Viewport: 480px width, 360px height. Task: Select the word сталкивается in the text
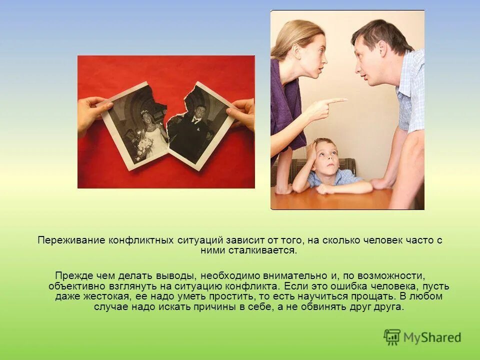coord(270,250)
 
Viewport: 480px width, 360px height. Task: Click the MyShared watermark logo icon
coord(392,337)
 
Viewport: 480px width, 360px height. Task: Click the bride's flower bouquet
coord(144,146)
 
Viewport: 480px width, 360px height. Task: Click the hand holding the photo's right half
coord(242,112)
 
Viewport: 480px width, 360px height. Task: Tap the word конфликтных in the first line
coord(142,240)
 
